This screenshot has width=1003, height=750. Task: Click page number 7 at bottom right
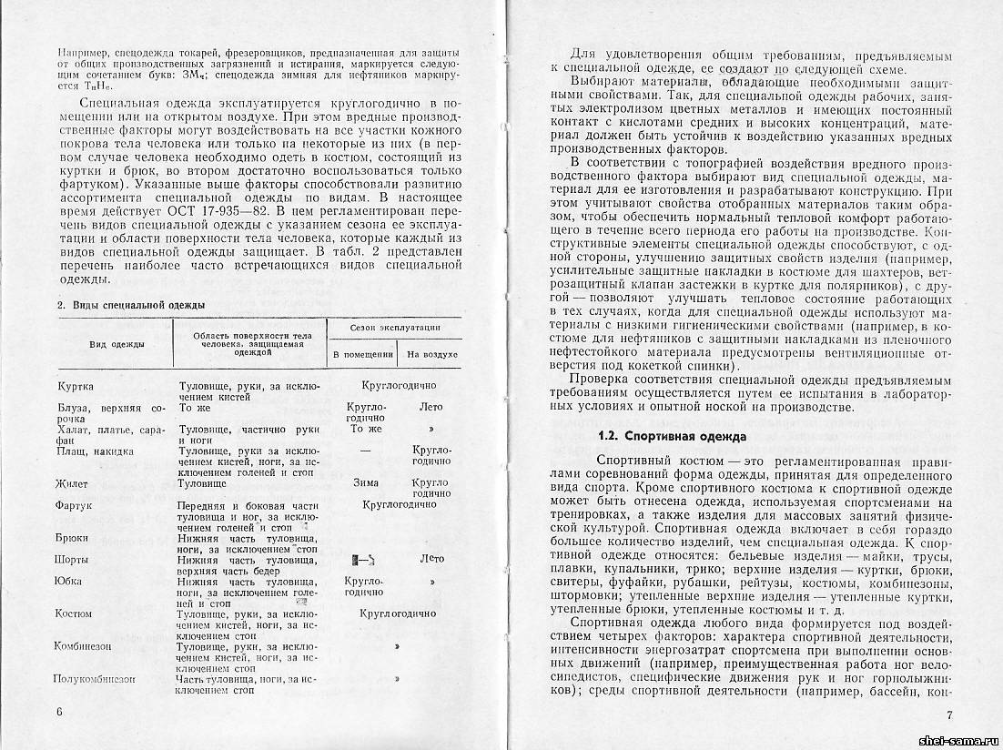(x=949, y=715)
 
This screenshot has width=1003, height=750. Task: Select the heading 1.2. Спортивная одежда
(x=672, y=436)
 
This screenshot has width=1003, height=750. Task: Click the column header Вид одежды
(x=114, y=343)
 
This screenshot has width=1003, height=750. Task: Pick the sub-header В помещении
(x=362, y=353)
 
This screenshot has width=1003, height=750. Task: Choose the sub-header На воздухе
(x=431, y=353)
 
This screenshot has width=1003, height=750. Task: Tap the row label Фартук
(x=74, y=504)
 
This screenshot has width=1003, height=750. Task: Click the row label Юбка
(x=69, y=581)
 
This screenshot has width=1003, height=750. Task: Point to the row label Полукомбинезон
(x=95, y=679)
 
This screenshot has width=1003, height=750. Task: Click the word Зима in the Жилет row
(x=366, y=483)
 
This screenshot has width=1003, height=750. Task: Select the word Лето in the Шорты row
(x=431, y=559)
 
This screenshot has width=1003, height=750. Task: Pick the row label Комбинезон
(x=87, y=645)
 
